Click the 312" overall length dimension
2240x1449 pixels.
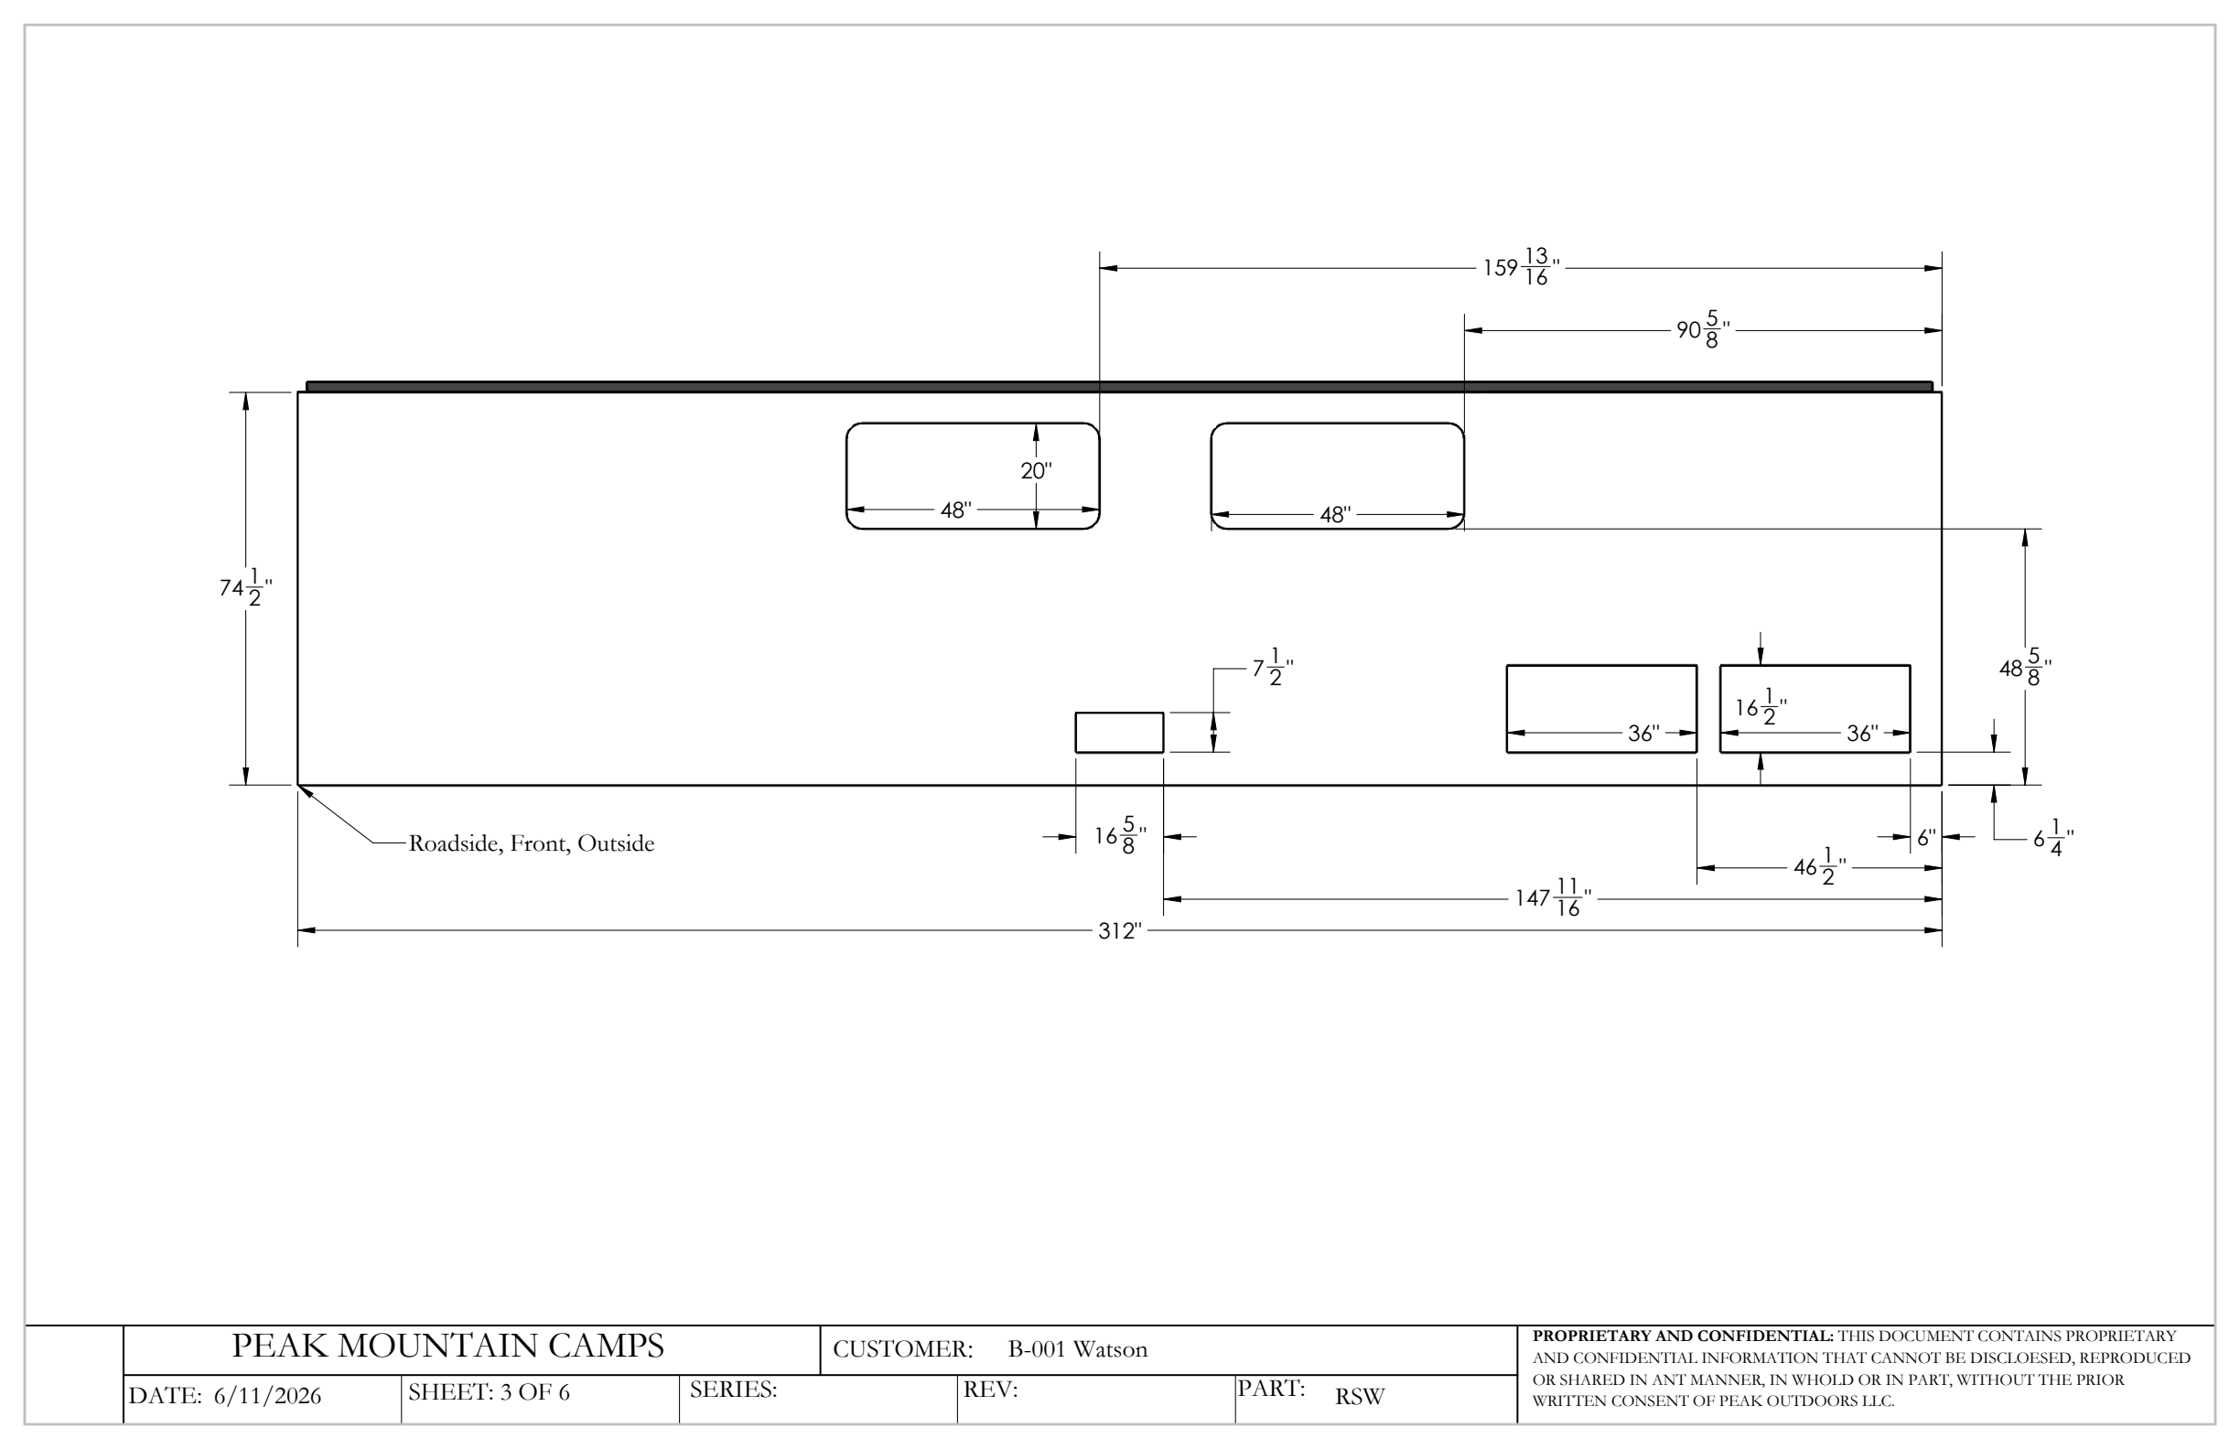(1120, 931)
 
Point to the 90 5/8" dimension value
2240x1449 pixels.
(1704, 330)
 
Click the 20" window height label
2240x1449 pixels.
(1036, 470)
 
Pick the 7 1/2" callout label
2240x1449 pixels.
(1273, 668)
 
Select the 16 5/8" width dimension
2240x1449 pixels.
(1120, 835)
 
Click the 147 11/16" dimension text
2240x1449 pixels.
(1553, 897)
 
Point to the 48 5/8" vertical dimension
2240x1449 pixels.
(2025, 668)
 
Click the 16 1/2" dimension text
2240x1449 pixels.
(1761, 707)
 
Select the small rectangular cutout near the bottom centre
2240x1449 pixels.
(1119, 732)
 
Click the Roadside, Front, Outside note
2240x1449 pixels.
(531, 843)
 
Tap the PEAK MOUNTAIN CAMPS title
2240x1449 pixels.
(448, 1347)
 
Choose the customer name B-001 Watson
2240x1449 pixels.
(1078, 1349)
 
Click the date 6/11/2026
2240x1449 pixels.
(267, 1396)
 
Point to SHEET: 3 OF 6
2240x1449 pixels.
(489, 1392)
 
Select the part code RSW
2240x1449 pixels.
(1359, 1397)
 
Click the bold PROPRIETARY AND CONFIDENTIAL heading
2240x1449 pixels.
(1683, 1336)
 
